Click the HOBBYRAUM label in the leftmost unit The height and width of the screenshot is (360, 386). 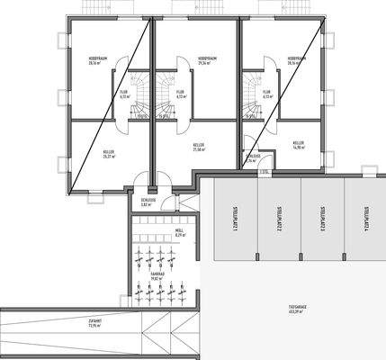tap(94, 61)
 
